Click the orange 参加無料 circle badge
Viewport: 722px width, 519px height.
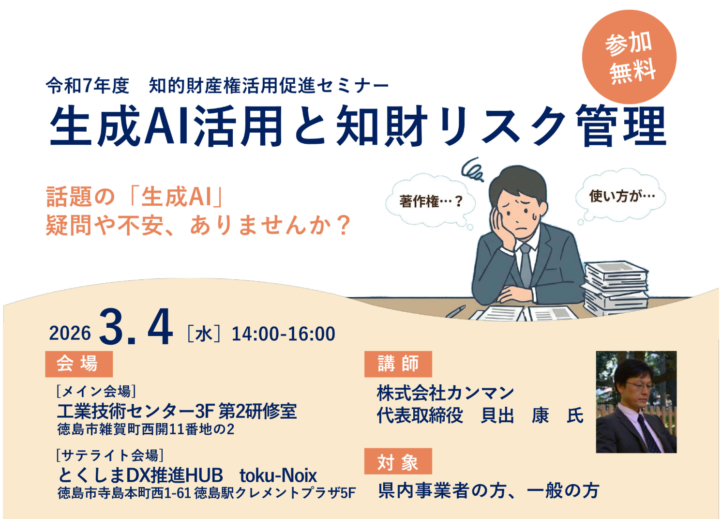click(629, 57)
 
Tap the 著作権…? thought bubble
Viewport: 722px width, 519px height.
click(431, 201)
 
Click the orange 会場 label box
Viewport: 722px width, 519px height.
click(78, 364)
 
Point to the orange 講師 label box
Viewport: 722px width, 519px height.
click(398, 364)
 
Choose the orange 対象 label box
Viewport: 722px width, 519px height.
click(398, 462)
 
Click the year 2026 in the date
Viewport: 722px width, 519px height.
click(70, 333)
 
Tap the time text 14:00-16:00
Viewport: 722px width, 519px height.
click(283, 334)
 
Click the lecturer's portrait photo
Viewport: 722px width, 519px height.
click(636, 402)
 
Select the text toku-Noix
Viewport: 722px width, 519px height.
click(278, 475)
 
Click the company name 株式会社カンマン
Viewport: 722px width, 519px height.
click(445, 393)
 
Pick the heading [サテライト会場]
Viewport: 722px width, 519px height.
click(109, 455)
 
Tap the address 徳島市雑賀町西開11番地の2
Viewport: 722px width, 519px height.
click(146, 429)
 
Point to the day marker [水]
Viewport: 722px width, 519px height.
click(204, 334)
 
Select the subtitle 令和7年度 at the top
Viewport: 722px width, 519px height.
click(88, 86)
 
